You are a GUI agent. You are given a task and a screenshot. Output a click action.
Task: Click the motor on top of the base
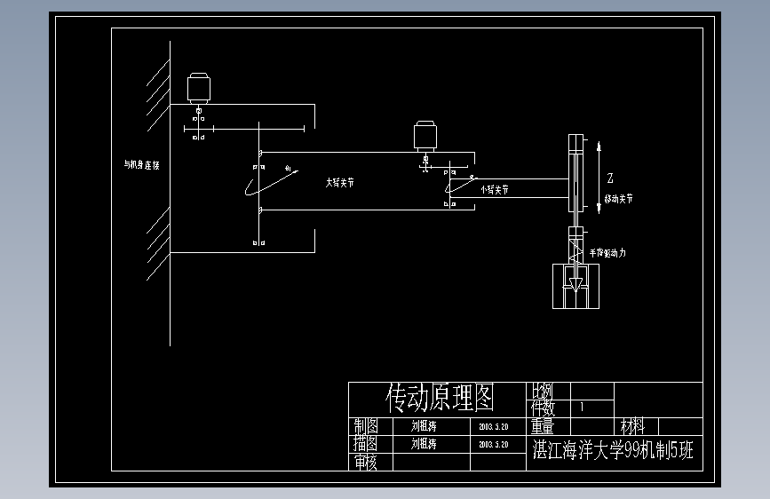tap(198, 88)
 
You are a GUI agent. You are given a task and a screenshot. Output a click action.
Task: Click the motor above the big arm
tap(426, 135)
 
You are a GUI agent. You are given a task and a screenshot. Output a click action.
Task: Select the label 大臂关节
tap(339, 181)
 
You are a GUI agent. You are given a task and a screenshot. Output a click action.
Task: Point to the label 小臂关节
tap(495, 189)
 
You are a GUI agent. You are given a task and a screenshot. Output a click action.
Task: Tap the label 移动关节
tap(619, 199)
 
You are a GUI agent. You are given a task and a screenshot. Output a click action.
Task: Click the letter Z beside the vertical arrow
tap(610, 177)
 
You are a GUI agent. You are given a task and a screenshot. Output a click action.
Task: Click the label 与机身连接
tap(140, 165)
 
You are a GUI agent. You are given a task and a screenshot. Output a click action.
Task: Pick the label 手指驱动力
tap(607, 253)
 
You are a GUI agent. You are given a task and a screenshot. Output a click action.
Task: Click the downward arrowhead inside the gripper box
tap(576, 285)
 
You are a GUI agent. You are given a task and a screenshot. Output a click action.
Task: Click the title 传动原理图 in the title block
tap(440, 396)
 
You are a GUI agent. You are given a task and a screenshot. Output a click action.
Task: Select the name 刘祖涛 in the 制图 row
tap(424, 425)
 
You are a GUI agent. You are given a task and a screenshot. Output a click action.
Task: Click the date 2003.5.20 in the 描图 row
tap(493, 444)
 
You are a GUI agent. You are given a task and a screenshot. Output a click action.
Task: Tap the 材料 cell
tap(633, 426)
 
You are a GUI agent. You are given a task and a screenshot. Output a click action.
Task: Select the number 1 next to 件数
tap(582, 408)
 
